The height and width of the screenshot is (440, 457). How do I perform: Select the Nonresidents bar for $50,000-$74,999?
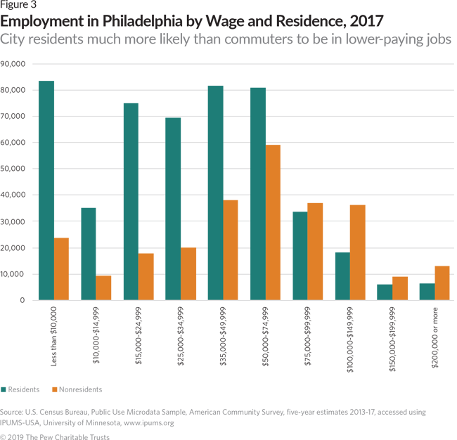click(273, 223)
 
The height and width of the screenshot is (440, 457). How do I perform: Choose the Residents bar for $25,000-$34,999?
click(173, 209)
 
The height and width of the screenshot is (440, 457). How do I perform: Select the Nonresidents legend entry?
click(78, 389)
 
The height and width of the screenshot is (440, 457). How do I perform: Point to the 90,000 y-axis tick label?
click(13, 64)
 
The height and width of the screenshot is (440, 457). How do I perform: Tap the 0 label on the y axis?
click(23, 300)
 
